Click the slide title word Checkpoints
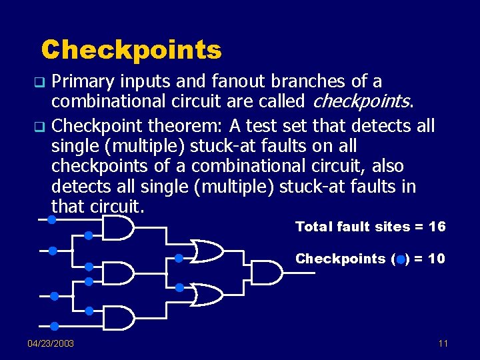pos(131,49)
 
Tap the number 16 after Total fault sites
pos(437,227)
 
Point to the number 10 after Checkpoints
pos(437,259)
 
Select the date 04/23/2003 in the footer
pos(51,343)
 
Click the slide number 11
pos(443,343)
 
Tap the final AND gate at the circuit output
pos(270,272)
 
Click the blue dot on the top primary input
pos(52,219)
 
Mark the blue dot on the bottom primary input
pos(55,326)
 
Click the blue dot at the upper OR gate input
pos(179,258)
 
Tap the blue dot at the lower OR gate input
pos(179,288)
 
